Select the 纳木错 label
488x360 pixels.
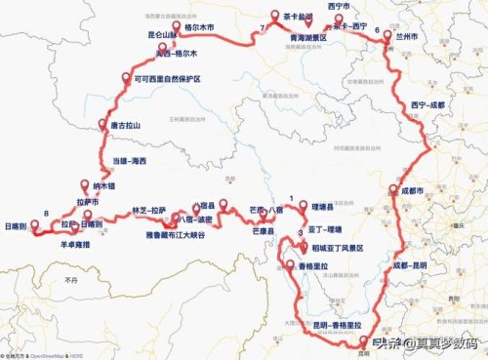[x=104, y=184]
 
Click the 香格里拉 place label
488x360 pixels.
[x=314, y=266]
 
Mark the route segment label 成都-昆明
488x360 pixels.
[x=412, y=264]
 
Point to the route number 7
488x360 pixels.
[x=264, y=27]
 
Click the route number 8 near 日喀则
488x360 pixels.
[x=47, y=213]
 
